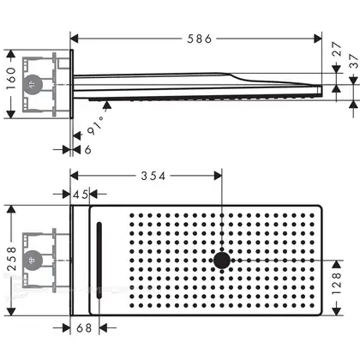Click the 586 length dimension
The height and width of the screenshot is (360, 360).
click(200, 39)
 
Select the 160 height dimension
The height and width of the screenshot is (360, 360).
click(11, 79)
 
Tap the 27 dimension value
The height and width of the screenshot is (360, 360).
click(337, 49)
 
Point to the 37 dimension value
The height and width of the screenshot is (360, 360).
click(354, 61)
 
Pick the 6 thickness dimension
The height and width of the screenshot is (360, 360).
click(88, 149)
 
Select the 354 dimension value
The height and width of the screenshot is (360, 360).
click(153, 176)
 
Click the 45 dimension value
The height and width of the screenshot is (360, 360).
click(81, 195)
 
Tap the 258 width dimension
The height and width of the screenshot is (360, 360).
click(11, 259)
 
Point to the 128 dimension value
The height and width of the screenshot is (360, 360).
click(337, 284)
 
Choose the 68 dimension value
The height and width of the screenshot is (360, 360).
click(84, 328)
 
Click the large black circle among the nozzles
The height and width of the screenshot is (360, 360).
click(222, 261)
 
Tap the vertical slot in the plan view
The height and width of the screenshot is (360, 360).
click(99, 261)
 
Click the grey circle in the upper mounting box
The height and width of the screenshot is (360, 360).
click(33, 85)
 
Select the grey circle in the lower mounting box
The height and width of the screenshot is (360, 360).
click(33, 261)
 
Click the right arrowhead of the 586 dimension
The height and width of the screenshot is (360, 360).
click(318, 39)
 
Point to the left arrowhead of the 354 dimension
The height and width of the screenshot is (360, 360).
click(75, 176)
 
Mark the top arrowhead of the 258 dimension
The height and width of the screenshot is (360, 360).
click(11, 209)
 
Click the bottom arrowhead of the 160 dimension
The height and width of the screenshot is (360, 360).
click(11, 114)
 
